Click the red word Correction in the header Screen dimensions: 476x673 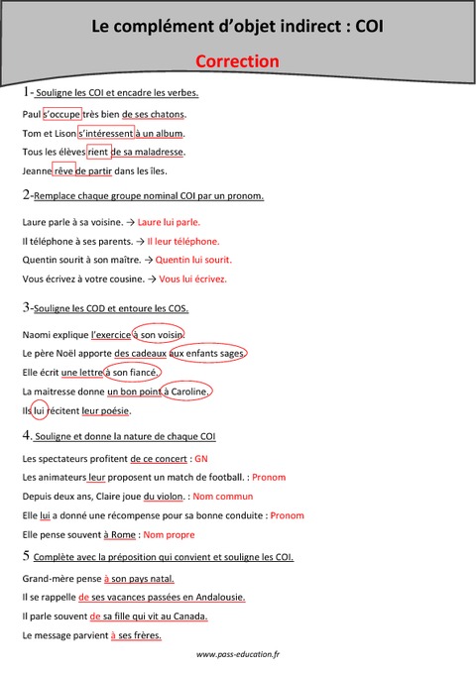pos(237,61)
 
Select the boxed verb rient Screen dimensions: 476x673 pos(98,152)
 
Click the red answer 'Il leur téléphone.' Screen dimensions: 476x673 pos(182,241)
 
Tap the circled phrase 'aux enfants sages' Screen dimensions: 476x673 pos(207,354)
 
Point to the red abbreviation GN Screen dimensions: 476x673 pos(201,459)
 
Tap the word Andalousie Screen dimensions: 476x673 pos(215,597)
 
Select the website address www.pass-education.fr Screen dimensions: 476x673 pos(238,654)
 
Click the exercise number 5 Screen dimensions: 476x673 pos(26,556)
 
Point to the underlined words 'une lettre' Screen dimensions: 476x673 pos(81,373)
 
